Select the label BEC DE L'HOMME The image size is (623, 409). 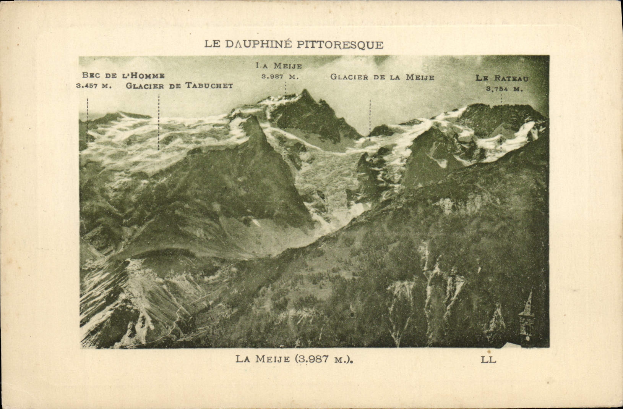click(123, 76)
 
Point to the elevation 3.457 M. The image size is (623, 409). click(94, 86)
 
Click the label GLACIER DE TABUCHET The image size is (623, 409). click(179, 86)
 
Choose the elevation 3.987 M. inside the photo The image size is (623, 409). click(280, 76)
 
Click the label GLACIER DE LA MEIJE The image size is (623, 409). click(382, 77)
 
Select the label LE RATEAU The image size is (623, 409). click(502, 78)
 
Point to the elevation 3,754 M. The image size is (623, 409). click(504, 89)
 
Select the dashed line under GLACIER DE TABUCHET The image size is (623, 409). click(159, 122)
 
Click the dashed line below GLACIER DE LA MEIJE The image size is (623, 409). click(370, 119)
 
